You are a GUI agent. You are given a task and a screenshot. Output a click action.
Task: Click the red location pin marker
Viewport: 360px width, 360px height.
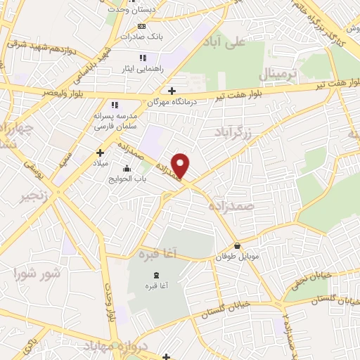coord(181,166)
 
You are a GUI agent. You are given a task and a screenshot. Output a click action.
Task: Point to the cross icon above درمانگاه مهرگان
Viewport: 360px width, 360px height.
coord(172,90)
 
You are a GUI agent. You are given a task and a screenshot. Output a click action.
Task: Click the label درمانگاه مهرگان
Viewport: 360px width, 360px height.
coord(172,102)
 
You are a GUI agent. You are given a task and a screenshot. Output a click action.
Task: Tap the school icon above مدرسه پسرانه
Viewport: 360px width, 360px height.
coord(114,105)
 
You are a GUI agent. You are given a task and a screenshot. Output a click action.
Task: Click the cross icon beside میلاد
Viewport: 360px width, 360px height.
coord(101,152)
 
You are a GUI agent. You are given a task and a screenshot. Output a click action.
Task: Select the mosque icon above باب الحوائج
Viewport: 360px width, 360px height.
coord(127,169)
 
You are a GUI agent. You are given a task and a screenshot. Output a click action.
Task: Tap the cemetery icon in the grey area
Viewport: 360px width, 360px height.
coord(155,274)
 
